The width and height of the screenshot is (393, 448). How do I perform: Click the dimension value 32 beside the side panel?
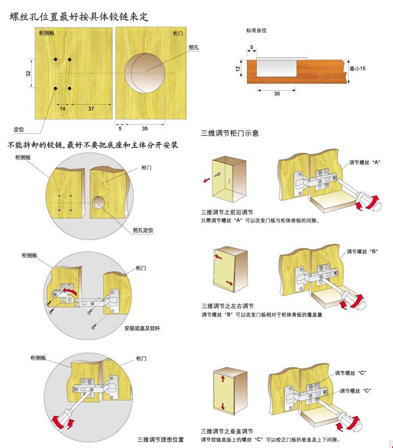click(28, 73)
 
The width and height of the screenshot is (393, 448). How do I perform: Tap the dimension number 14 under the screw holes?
click(62, 109)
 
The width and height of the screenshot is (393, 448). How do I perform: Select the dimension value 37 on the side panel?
click(91, 109)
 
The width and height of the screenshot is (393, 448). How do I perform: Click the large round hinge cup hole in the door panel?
click(145, 73)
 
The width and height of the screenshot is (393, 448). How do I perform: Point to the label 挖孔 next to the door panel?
click(194, 48)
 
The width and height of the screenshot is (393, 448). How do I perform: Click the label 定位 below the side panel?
click(19, 129)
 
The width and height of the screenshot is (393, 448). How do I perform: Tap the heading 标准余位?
click(257, 30)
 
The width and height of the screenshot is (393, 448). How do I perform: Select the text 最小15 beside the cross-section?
click(357, 69)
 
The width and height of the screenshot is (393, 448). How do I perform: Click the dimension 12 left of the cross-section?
click(238, 69)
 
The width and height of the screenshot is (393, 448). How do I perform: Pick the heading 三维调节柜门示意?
click(230, 133)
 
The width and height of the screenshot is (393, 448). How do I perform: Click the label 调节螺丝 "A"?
click(365, 163)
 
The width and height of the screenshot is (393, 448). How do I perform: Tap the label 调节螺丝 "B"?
click(362, 251)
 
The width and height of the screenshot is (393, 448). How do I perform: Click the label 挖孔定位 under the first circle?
click(143, 230)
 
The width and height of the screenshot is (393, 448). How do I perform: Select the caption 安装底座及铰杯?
click(142, 328)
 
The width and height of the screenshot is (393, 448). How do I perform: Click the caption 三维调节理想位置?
click(161, 440)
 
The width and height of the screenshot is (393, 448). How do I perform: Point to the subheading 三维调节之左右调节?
click(227, 306)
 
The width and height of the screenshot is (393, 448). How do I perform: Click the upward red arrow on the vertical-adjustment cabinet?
click(223, 379)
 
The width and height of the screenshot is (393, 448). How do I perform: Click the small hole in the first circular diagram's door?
click(99, 203)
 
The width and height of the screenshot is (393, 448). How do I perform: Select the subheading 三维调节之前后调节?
click(227, 212)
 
